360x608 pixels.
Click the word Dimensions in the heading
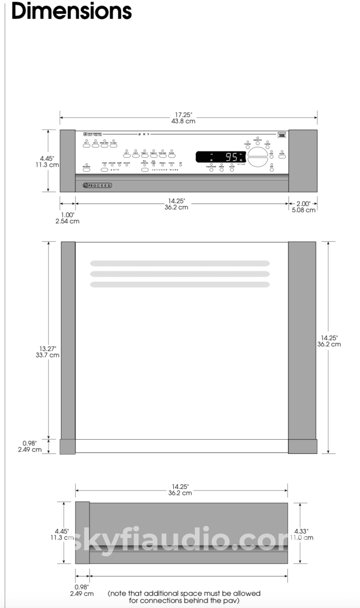[x=71, y=11]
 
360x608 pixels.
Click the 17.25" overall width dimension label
[x=183, y=118]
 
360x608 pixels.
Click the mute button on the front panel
[x=282, y=156]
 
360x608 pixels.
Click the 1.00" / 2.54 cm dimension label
[x=67, y=217]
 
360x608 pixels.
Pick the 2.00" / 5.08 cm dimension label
[x=303, y=206]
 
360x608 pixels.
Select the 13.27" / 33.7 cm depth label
[x=48, y=352]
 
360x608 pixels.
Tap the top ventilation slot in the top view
[x=180, y=263]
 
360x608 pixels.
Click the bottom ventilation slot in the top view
[x=180, y=284]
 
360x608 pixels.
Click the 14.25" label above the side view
[x=180, y=489]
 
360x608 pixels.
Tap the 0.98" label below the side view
[x=82, y=590]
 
